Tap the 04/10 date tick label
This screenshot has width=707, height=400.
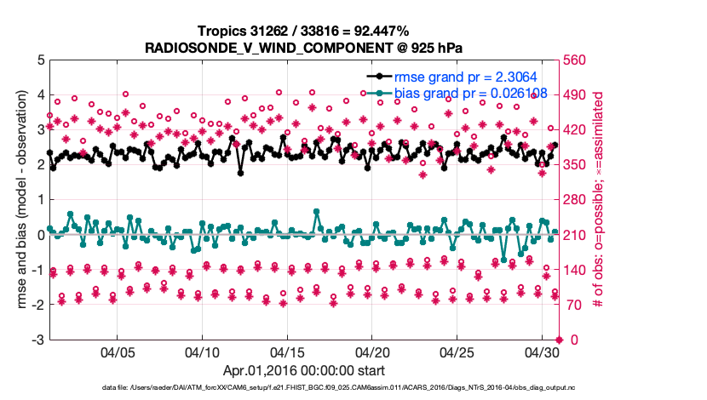[x=202, y=351]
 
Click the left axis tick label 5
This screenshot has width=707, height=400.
[x=40, y=60]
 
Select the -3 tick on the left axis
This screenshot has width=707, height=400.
[x=37, y=340]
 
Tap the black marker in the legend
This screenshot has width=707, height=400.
[x=379, y=77]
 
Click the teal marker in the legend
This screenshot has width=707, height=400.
[x=379, y=93]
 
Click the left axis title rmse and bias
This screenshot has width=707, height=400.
[x=25, y=200]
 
